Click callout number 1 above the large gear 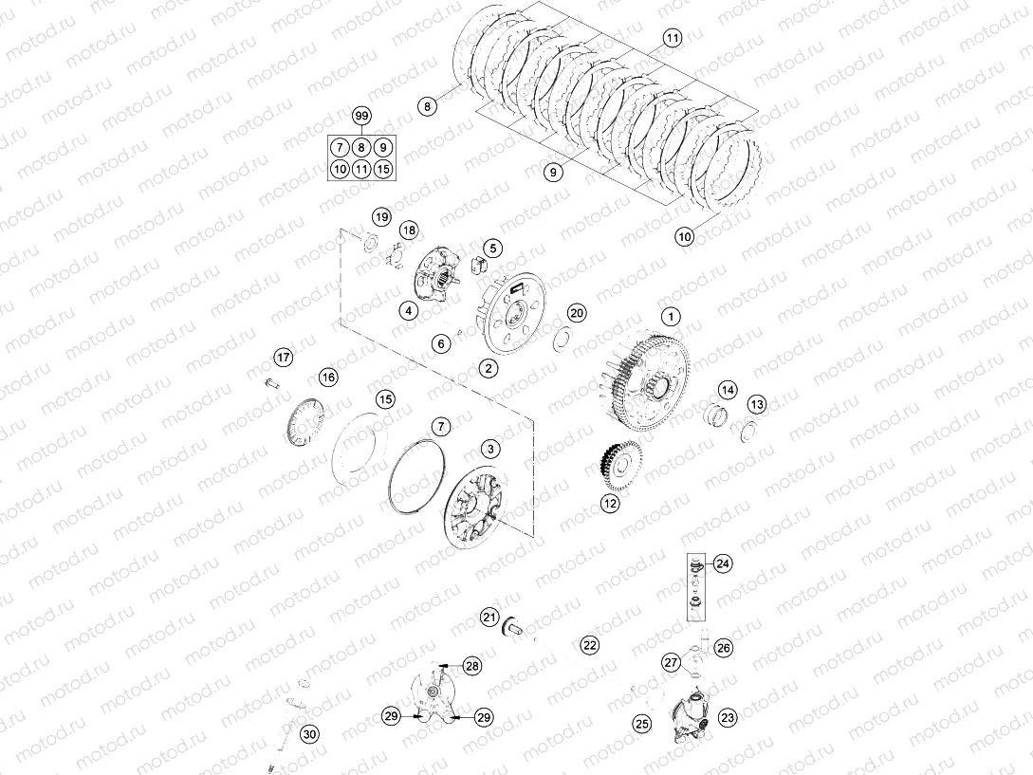[670, 315]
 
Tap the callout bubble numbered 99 [360, 116]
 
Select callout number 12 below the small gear [610, 504]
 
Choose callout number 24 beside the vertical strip [723, 563]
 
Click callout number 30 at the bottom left [309, 733]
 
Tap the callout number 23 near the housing [729, 718]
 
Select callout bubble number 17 [284, 357]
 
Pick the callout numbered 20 [577, 314]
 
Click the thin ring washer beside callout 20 [560, 336]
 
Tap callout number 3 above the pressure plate [489, 447]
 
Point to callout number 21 [489, 618]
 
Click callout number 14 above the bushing [727, 390]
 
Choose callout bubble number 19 [380, 217]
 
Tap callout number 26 [724, 649]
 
